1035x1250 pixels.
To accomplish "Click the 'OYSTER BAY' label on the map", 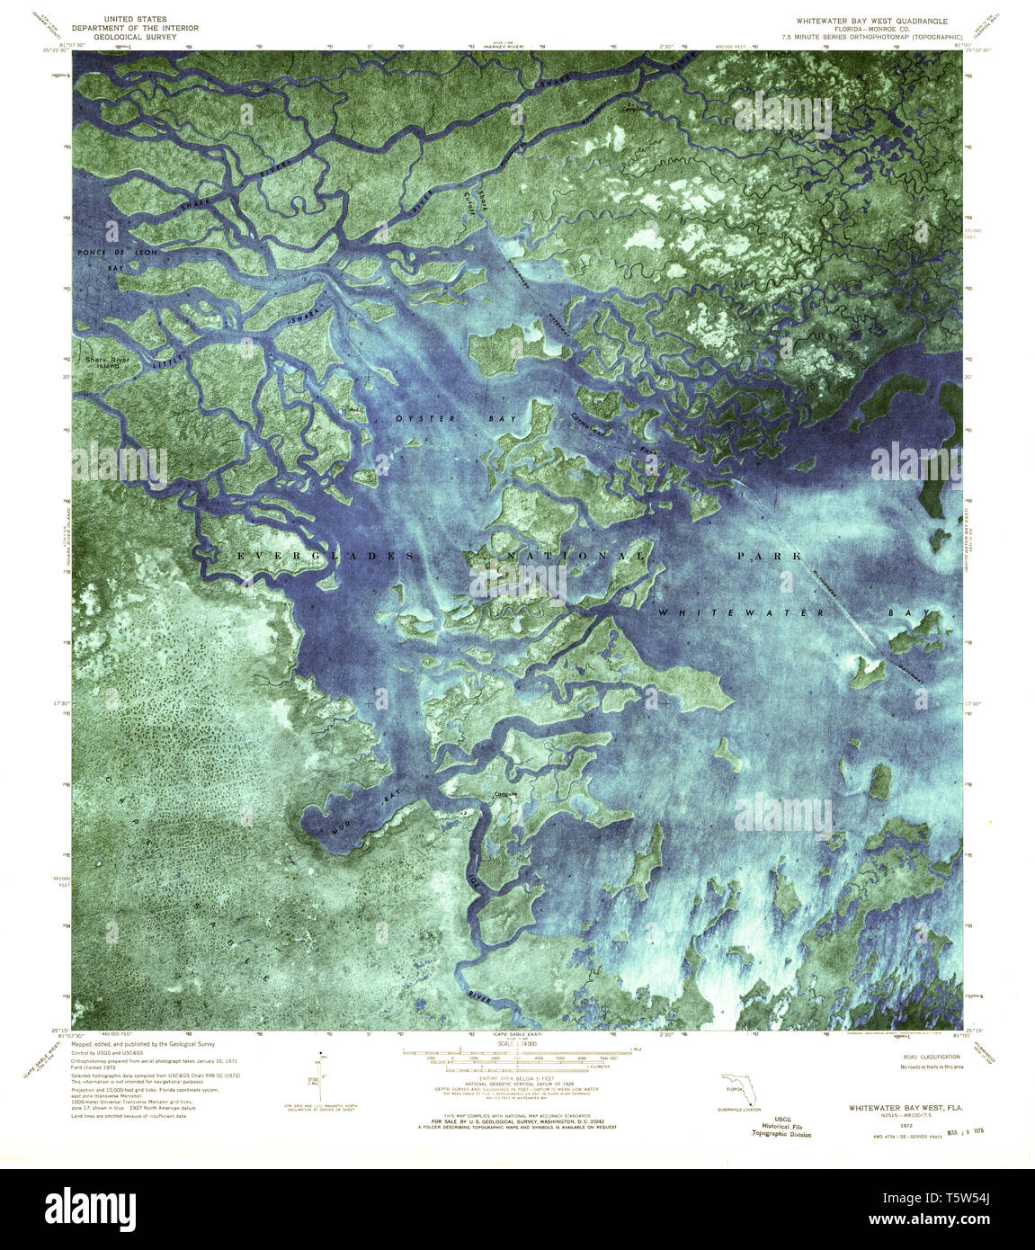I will coord(428,419).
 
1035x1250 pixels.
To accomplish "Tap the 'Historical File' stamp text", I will coord(781,1127).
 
